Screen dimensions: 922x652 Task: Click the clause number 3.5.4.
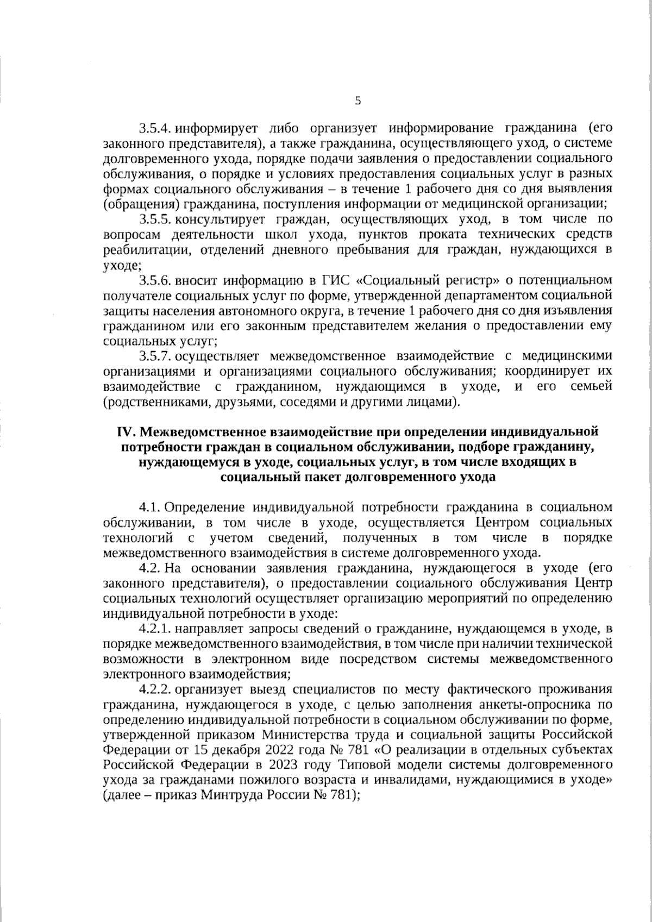pos(156,129)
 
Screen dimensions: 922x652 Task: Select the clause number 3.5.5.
pos(156,220)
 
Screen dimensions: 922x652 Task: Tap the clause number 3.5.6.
pos(156,281)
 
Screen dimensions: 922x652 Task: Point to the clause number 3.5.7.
pos(156,356)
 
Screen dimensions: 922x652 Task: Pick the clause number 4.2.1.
pos(156,629)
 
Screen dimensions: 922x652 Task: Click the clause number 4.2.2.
pos(156,690)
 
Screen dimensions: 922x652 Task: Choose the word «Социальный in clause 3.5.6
pos(397,281)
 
